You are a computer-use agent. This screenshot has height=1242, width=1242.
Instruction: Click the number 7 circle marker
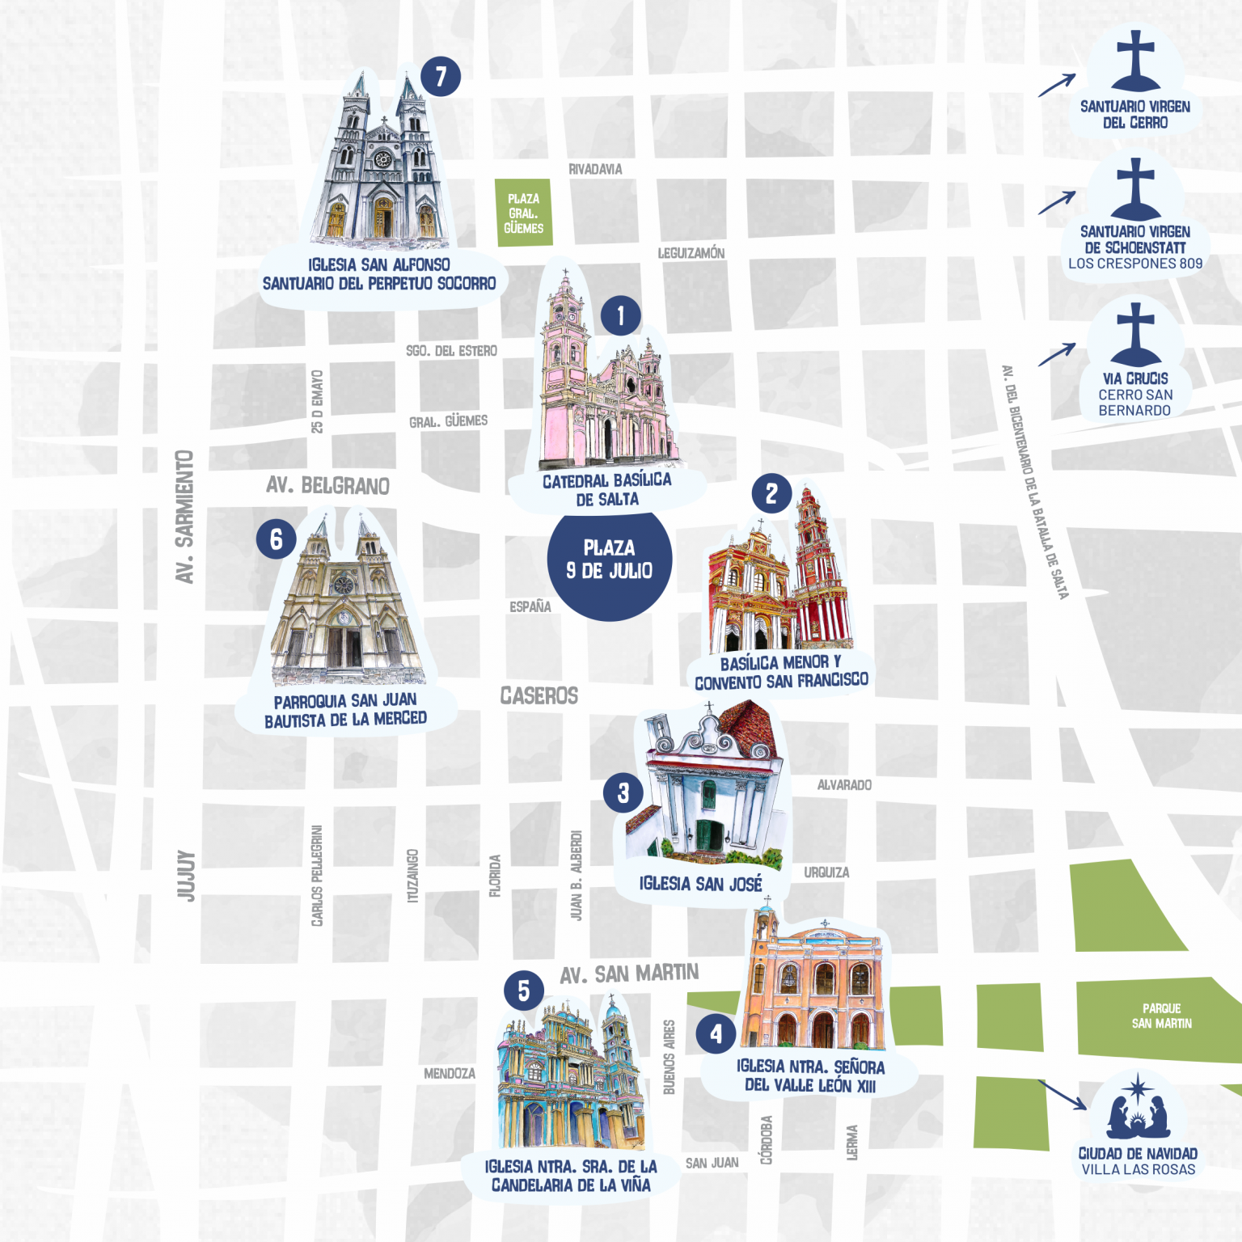pyautogui.click(x=441, y=77)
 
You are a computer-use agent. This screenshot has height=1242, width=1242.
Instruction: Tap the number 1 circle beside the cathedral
pyautogui.click(x=620, y=315)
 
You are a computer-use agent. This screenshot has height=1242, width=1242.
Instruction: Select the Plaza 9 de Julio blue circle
pyautogui.click(x=610, y=560)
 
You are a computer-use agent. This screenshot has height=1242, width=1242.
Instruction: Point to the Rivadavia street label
pyautogui.click(x=595, y=169)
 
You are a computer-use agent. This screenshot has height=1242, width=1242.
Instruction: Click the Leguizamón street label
pyautogui.click(x=691, y=253)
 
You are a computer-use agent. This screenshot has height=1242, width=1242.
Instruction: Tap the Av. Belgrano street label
pyautogui.click(x=327, y=485)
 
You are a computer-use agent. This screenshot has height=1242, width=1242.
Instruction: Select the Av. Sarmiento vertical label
pyautogui.click(x=185, y=517)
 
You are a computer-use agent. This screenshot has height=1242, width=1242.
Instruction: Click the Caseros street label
pyautogui.click(x=539, y=695)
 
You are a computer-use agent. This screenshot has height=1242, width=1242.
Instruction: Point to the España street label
pyautogui.click(x=530, y=606)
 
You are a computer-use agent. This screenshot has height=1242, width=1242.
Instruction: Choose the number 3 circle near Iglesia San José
pyautogui.click(x=623, y=793)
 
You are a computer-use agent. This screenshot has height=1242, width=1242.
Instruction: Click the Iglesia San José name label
pyautogui.click(x=700, y=883)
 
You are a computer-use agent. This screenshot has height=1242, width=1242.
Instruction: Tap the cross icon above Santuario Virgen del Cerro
pyautogui.click(x=1135, y=61)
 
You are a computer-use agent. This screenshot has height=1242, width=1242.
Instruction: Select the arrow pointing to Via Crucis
pyautogui.click(x=1057, y=354)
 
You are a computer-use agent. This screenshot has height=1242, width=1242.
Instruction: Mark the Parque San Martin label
pyautogui.click(x=1161, y=1016)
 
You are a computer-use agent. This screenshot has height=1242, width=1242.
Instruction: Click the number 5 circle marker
pyautogui.click(x=523, y=991)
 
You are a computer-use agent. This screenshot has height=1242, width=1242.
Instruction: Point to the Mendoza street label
pyautogui.click(x=450, y=1073)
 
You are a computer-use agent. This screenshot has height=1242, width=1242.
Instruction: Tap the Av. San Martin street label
pyautogui.click(x=629, y=974)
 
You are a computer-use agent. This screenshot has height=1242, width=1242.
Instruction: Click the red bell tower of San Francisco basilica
pyautogui.click(x=817, y=566)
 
